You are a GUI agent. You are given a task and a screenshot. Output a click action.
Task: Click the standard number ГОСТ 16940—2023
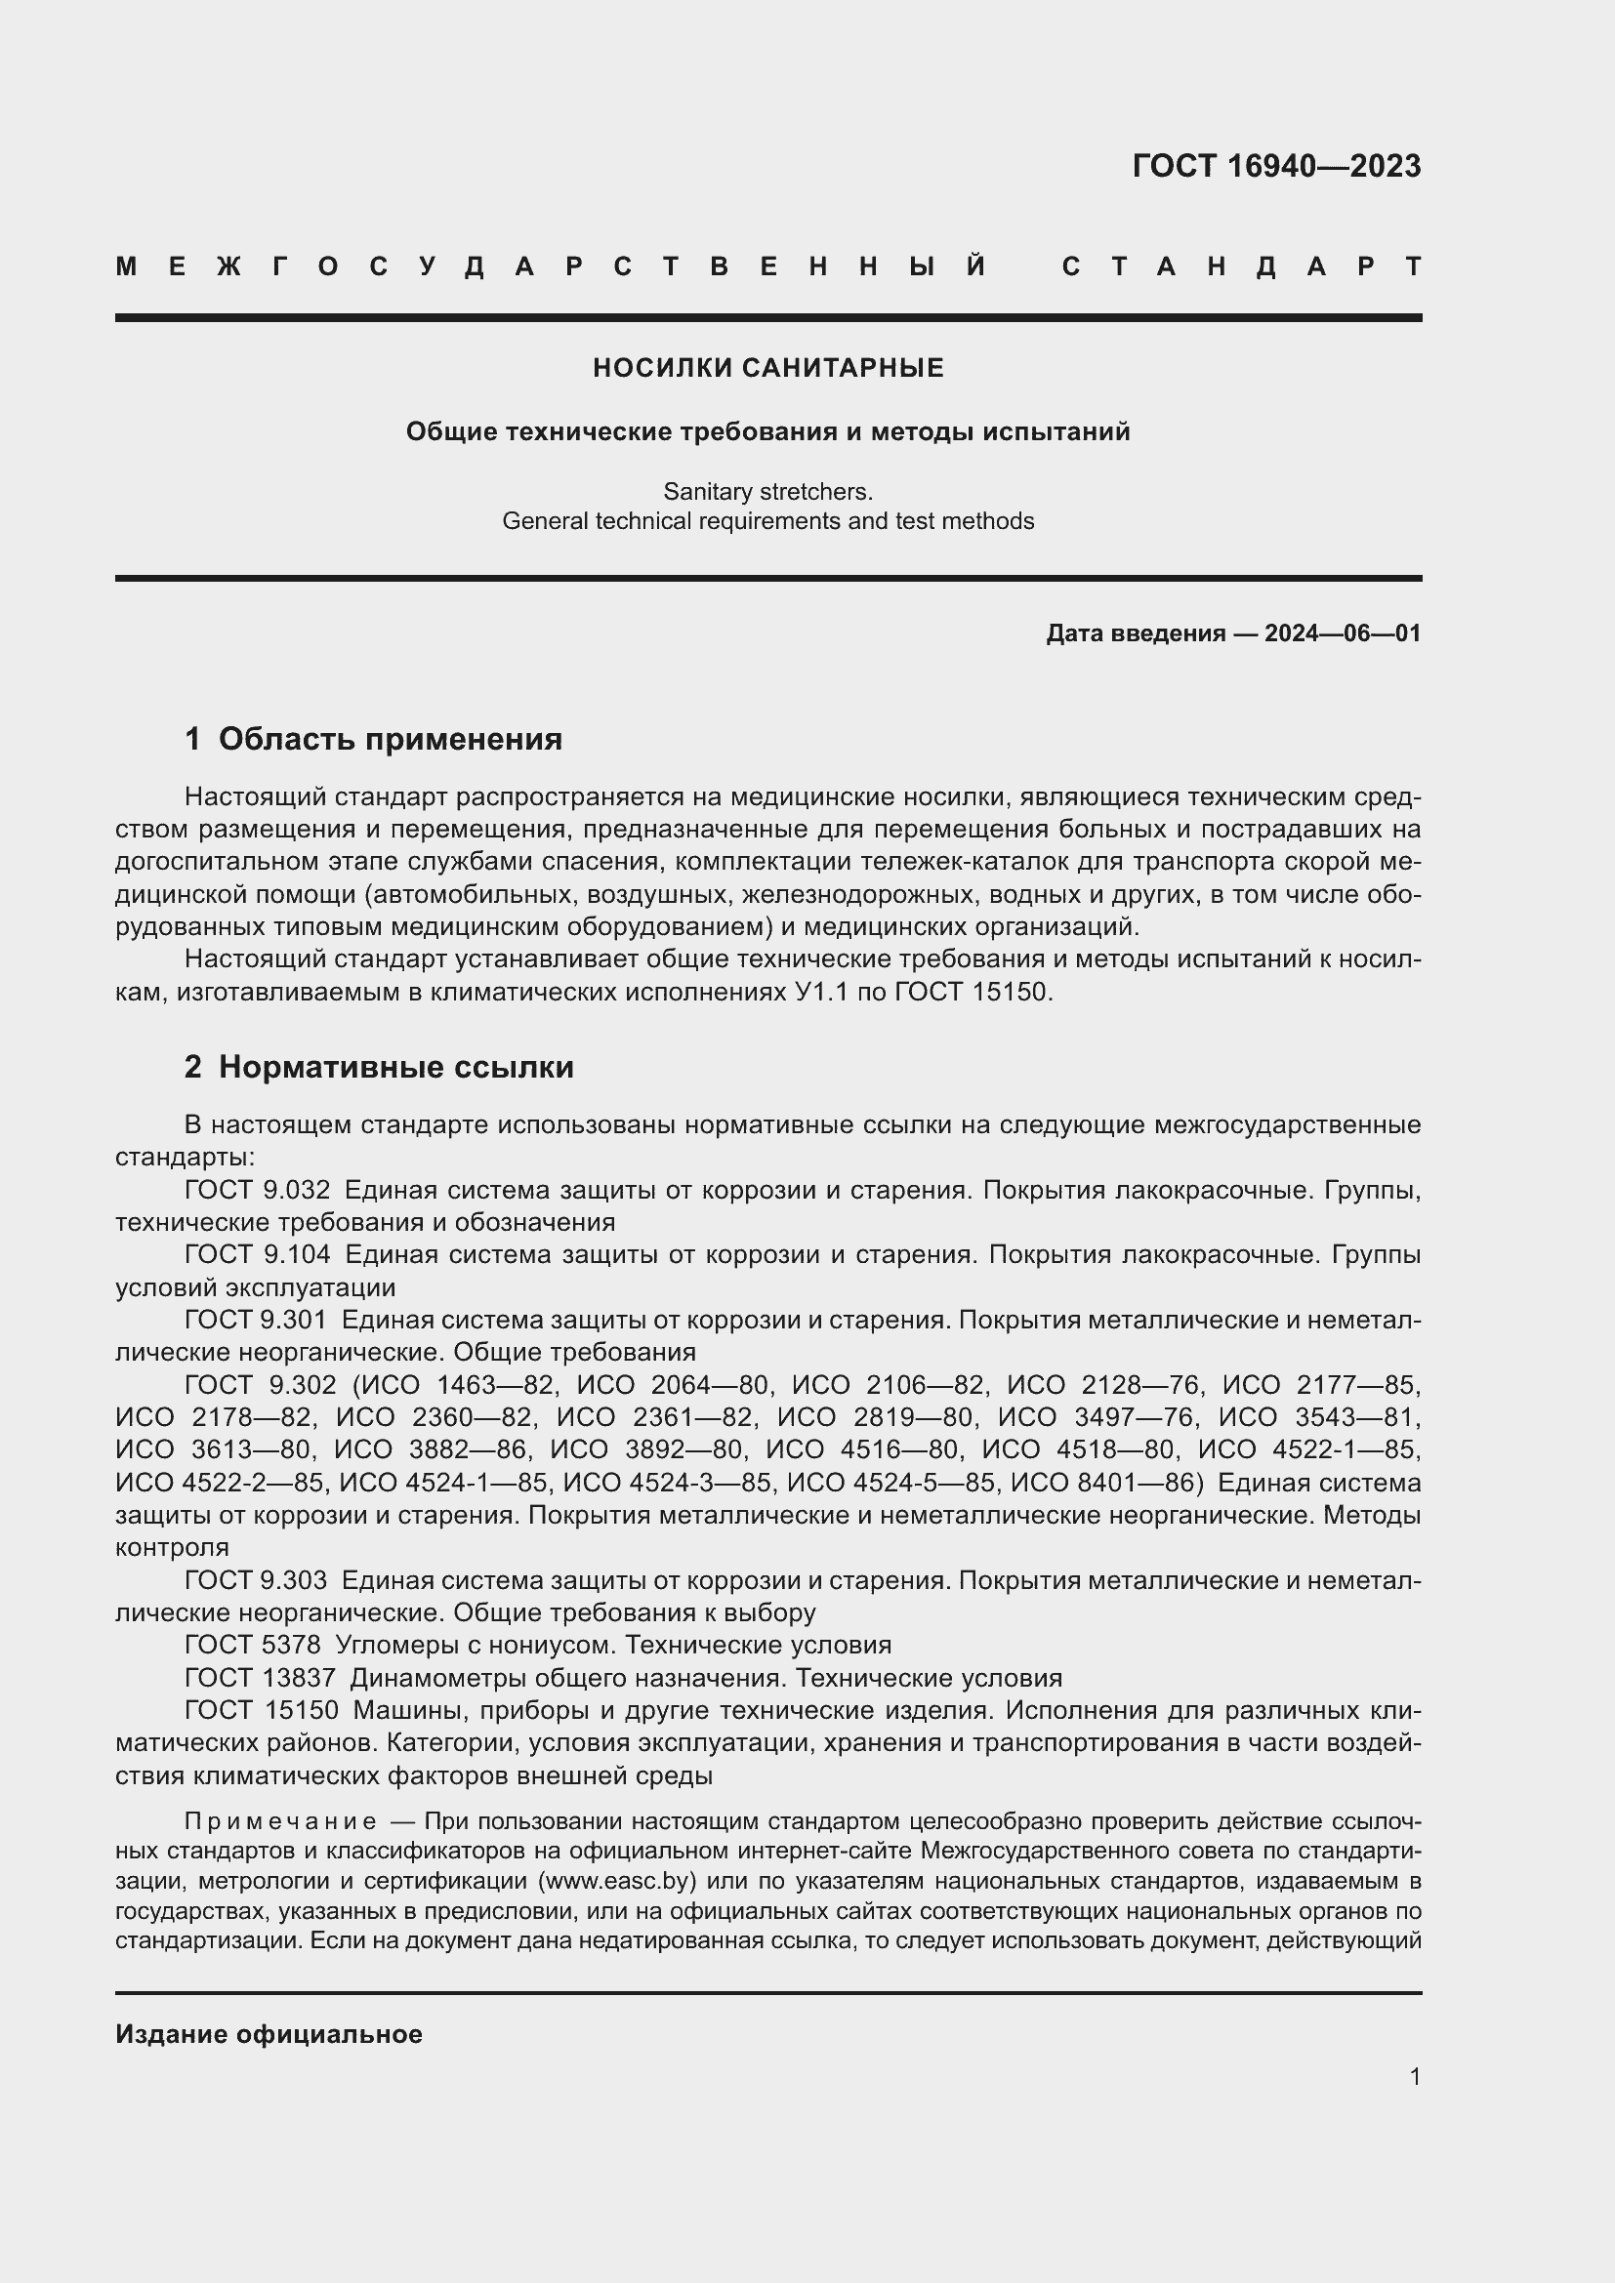pos(1276,166)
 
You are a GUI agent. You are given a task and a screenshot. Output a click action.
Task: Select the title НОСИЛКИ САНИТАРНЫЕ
pos(767,369)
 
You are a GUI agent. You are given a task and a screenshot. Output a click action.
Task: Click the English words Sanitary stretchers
pos(767,491)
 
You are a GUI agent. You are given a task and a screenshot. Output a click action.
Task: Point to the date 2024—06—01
pos(1343,633)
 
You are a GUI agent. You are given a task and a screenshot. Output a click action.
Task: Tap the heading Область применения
pos(390,739)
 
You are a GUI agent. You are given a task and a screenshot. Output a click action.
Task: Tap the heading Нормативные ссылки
pos(395,1067)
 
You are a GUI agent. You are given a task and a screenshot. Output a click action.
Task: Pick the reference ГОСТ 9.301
pos(255,1320)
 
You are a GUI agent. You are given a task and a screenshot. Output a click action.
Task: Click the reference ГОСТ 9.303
pos(255,1580)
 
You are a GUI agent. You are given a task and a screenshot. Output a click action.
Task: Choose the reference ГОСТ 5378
pos(253,1645)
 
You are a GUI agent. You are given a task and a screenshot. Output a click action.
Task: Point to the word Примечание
pos(280,1821)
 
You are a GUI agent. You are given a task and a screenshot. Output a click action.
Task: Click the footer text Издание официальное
pos(269,2034)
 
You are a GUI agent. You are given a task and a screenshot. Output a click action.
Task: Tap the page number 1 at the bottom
pos(1415,2076)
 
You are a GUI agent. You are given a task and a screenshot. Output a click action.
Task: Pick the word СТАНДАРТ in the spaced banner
pos(1241,266)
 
